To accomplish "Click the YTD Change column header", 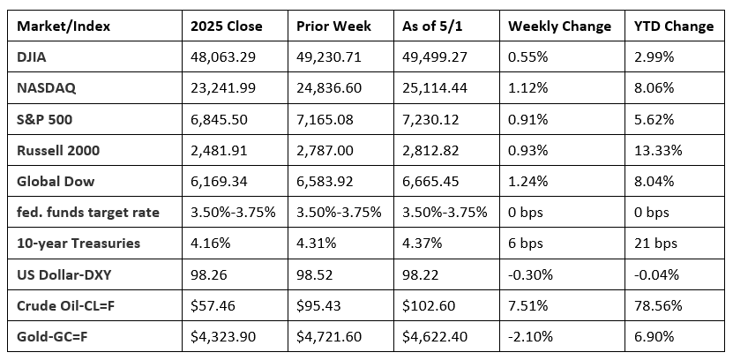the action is [x=674, y=26].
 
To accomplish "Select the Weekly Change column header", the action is [x=559, y=26].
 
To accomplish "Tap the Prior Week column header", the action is [x=333, y=26].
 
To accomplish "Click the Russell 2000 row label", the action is [x=58, y=151].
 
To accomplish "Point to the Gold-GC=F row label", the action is [x=50, y=336].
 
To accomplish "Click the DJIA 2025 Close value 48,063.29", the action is [x=222, y=57].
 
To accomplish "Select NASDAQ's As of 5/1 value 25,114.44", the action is [x=435, y=88].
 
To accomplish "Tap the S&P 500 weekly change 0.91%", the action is [x=527, y=120].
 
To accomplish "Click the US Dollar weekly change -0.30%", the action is [x=531, y=274].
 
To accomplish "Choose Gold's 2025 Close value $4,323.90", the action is [x=223, y=337].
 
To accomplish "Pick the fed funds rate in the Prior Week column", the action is [x=339, y=213].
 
